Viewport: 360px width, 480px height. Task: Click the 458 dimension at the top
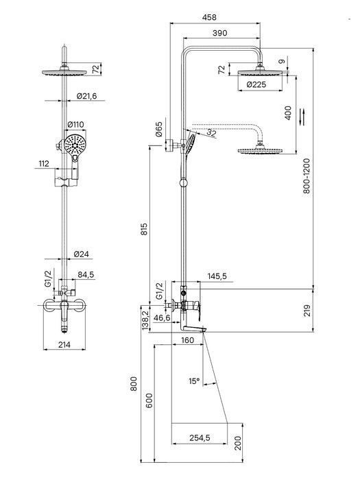click(x=209, y=17)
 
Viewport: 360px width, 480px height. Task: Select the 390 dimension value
click(x=220, y=33)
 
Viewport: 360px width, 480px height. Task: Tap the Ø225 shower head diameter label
click(x=256, y=84)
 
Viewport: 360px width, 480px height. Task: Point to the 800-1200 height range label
click(x=307, y=176)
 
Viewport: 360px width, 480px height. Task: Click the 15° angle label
click(x=194, y=381)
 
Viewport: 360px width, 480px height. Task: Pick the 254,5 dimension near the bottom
click(x=200, y=438)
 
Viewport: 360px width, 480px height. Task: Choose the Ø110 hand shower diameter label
click(x=75, y=125)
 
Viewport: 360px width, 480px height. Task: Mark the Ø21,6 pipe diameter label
click(x=86, y=96)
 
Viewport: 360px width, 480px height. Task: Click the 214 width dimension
click(x=64, y=345)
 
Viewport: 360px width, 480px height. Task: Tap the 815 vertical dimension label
click(x=144, y=229)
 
